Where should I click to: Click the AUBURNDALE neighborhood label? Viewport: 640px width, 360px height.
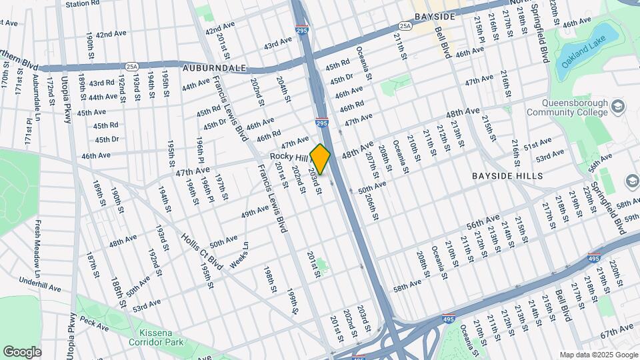[215, 68]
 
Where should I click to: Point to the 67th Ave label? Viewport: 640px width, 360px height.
[617, 331]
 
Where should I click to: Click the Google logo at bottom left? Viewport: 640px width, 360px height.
[22, 351]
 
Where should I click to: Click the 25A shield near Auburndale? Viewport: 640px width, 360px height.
[131, 66]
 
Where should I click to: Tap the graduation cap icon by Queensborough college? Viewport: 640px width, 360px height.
[618, 107]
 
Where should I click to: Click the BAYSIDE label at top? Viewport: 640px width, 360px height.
[434, 16]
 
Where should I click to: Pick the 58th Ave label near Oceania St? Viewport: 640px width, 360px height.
[407, 285]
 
